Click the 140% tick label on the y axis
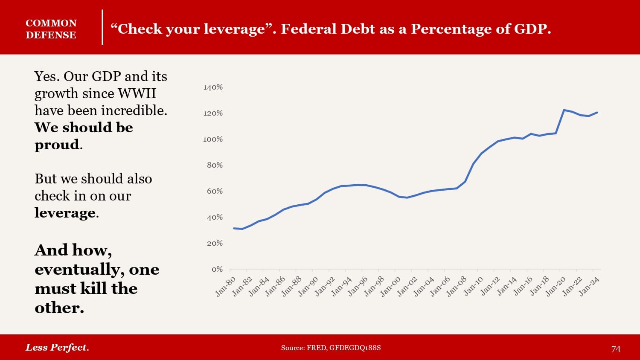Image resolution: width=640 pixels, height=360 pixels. pos(213,87)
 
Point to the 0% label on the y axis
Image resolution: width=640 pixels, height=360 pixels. pos(217,269)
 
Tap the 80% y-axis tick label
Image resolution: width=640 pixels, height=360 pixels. pos(215,165)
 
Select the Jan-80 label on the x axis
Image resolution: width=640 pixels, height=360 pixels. pos(226,286)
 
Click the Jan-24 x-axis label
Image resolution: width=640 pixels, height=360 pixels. pos(590,286)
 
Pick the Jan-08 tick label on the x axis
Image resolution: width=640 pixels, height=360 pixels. pos(457,286)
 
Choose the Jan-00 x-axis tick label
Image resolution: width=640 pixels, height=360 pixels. pos(391,286)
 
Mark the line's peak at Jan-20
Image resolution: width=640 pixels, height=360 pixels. pos(564,110)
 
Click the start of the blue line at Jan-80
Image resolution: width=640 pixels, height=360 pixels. pos(234,228)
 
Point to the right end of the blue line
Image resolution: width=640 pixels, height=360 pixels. pos(597,113)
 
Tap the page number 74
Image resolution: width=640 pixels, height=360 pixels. pos(616,349)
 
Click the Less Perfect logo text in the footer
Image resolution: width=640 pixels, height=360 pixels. pos(57,347)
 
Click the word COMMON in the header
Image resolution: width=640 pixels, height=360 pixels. pos(51,23)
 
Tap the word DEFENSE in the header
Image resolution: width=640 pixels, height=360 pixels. pos(51,35)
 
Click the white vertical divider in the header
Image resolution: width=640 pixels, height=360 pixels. pos(102,27)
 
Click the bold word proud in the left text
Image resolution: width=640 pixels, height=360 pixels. pos(57,145)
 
